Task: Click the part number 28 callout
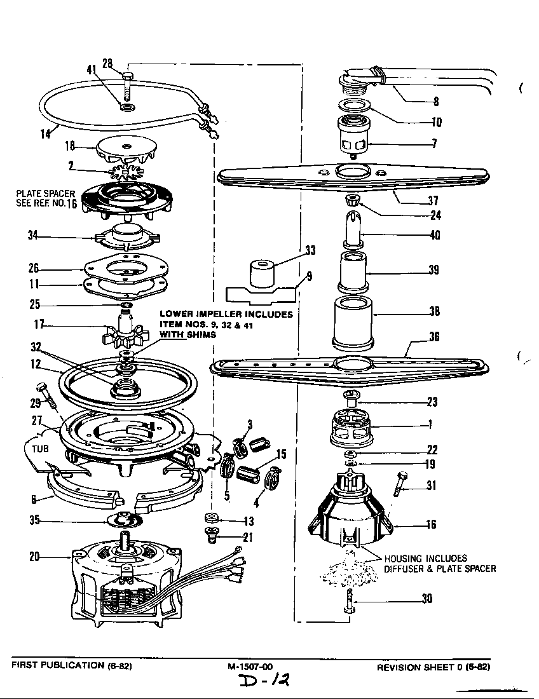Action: coord(107,63)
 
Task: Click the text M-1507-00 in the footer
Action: coord(250,666)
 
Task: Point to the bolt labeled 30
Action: coord(350,597)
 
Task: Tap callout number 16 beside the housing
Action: coord(430,525)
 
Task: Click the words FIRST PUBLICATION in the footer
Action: coord(51,665)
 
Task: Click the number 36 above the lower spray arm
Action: coord(433,337)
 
